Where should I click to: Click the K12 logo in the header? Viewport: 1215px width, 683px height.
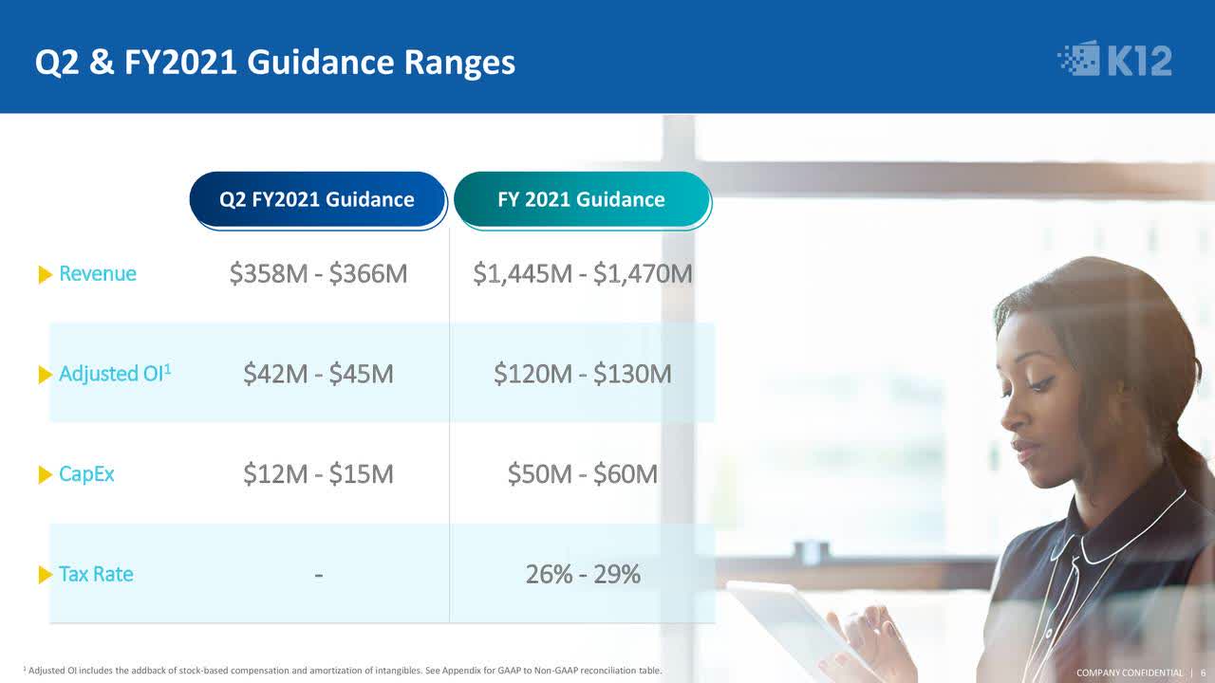click(1115, 60)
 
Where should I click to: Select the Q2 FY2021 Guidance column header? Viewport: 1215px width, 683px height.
click(317, 199)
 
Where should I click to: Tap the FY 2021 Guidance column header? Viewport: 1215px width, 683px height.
click(581, 199)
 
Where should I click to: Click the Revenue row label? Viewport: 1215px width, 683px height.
click(97, 274)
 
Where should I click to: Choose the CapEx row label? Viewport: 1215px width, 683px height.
click(86, 474)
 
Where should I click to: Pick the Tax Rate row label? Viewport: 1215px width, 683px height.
click(96, 574)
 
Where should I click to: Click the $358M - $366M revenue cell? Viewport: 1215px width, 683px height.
click(318, 274)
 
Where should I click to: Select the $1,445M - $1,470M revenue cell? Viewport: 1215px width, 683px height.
click(582, 274)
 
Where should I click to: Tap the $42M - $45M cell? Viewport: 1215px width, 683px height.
click(318, 374)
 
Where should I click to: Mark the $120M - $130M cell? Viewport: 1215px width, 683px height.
click(582, 374)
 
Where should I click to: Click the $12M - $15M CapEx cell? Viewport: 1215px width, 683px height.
click(318, 474)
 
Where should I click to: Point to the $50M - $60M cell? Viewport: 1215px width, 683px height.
click(582, 474)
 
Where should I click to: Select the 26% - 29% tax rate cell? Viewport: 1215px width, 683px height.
click(582, 574)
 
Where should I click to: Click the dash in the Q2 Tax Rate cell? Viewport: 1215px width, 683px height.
click(318, 575)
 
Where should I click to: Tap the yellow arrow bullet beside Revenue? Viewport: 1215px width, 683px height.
click(45, 275)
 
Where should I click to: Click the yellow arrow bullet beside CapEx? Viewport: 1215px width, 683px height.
click(45, 475)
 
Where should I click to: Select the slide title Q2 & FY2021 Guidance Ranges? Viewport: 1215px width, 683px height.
click(275, 63)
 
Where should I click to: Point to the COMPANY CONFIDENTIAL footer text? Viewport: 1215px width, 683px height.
click(1129, 673)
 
